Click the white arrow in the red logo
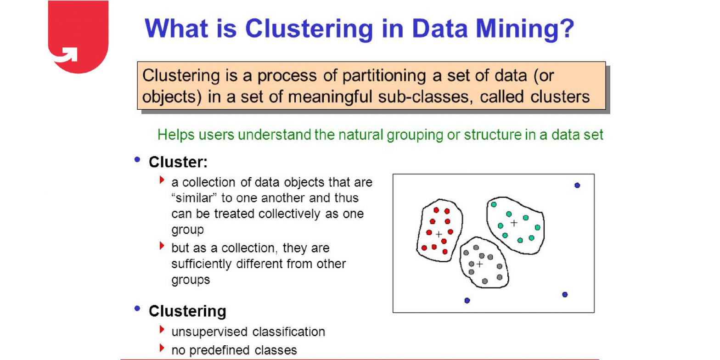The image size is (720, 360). pyautogui.click(x=67, y=55)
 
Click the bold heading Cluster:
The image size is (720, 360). pyautogui.click(x=178, y=162)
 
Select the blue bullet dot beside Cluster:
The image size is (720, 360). pyautogui.click(x=137, y=159)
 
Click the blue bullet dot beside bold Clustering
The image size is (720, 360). pyautogui.click(x=137, y=308)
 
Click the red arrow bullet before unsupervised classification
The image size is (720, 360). pyautogui.click(x=162, y=329)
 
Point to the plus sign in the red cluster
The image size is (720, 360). pyautogui.click(x=439, y=234)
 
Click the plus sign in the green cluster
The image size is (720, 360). pyautogui.click(x=514, y=223)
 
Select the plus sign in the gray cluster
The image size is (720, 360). pyautogui.click(x=480, y=264)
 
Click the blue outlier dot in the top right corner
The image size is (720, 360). pyautogui.click(x=577, y=185)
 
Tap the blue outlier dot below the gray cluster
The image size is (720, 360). pyautogui.click(x=467, y=300)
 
